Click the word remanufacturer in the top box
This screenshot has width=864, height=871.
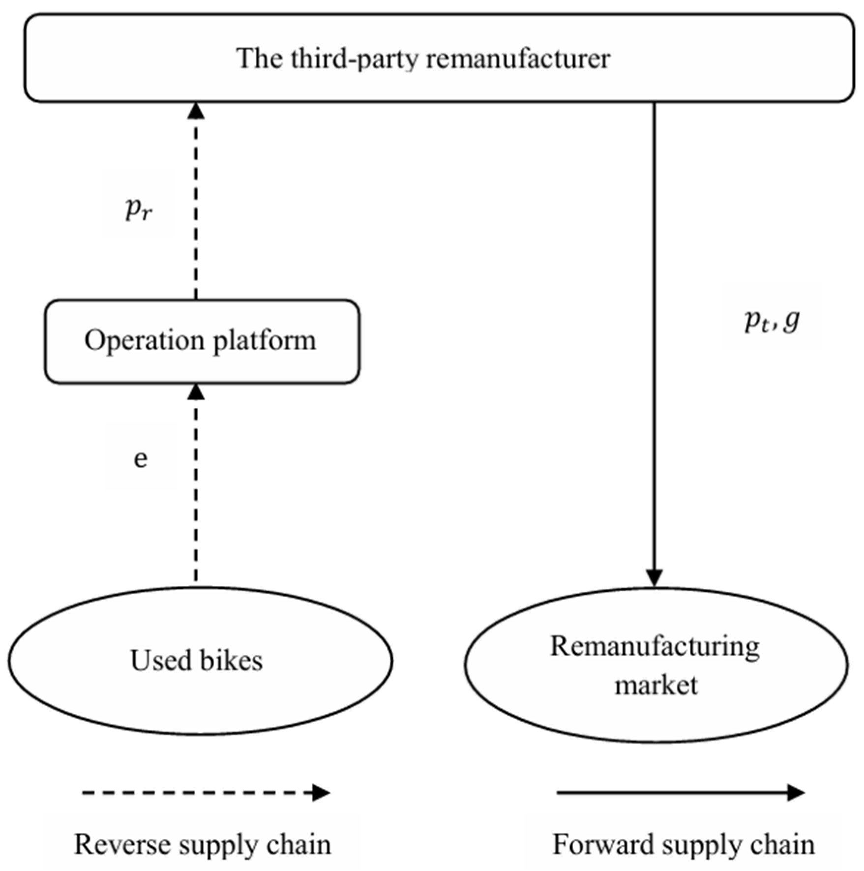click(x=518, y=59)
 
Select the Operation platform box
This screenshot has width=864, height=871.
click(x=202, y=341)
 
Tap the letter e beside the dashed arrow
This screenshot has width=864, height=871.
click(x=141, y=458)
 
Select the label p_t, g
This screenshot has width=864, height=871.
click(x=772, y=321)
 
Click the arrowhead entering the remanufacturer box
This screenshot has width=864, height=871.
click(x=196, y=111)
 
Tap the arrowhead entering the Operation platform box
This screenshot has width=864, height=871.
click(x=196, y=392)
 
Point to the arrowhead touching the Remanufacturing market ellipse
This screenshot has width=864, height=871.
click(x=655, y=577)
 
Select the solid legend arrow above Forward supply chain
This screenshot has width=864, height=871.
click(x=681, y=792)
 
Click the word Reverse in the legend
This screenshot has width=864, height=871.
click(x=121, y=844)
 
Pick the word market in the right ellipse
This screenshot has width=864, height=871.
click(x=656, y=684)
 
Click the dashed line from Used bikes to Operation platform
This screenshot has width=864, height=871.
click(x=196, y=492)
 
